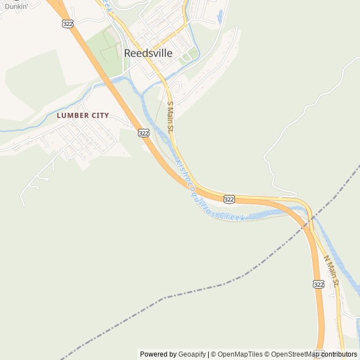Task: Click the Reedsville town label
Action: click(148, 54)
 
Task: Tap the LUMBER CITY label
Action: click(83, 115)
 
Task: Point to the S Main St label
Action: click(170, 116)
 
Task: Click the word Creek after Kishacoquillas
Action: click(232, 216)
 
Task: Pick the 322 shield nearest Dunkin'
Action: click(68, 24)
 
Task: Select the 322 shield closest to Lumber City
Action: click(143, 133)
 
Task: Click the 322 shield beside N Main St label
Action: click(318, 285)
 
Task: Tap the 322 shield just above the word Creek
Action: click(228, 199)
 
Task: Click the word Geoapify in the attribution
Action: click(192, 354)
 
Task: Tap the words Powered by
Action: click(157, 354)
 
